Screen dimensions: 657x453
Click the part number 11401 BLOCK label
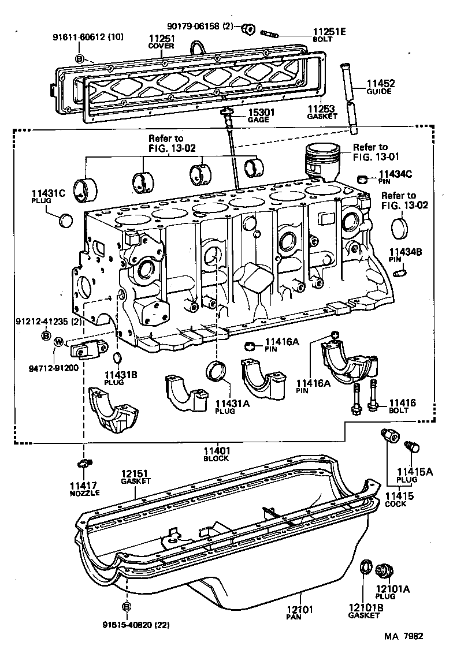click(x=217, y=454)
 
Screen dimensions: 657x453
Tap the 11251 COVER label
click(x=161, y=42)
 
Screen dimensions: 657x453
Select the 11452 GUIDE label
click(x=379, y=87)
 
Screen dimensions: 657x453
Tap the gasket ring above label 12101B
click(x=365, y=568)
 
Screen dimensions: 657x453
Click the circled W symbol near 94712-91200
click(x=58, y=342)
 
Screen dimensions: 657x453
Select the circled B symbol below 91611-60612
click(x=80, y=58)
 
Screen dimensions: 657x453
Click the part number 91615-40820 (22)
click(x=136, y=625)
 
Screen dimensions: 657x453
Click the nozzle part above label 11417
click(x=84, y=464)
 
